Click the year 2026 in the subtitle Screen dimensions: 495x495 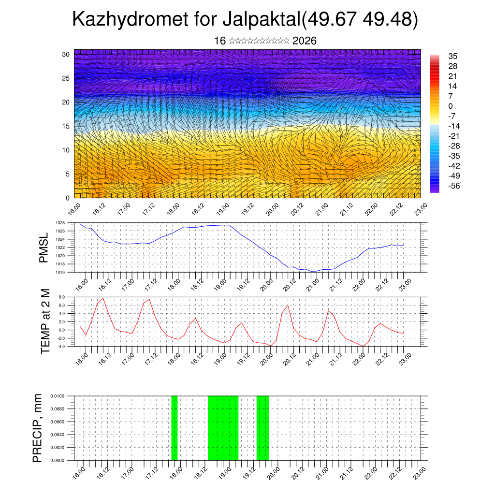305,41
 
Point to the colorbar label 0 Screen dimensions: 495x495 451,106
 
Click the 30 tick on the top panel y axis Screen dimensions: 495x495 66,54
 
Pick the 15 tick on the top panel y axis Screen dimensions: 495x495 66,126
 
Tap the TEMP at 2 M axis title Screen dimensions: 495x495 45,321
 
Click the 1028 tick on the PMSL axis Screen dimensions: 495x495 60,223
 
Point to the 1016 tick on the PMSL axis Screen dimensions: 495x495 60,272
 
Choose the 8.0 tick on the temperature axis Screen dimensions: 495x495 61,297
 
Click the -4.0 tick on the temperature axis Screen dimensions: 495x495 61,346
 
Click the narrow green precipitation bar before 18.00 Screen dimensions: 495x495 175,428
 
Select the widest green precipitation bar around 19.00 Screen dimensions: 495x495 223,428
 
